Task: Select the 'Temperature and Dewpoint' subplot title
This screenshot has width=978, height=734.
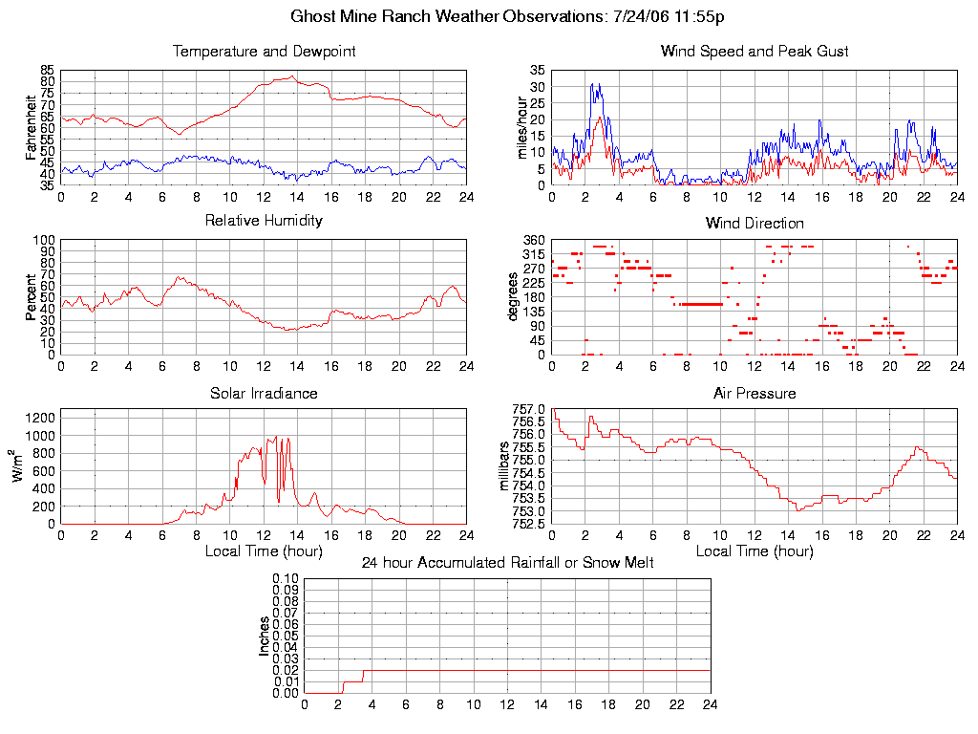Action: tap(264, 52)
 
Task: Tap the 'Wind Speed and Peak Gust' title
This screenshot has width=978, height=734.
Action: tap(755, 52)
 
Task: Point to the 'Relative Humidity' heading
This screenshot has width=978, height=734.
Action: tap(264, 221)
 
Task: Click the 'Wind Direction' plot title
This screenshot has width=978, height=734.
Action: tap(755, 224)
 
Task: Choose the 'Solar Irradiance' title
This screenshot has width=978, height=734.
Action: tap(264, 393)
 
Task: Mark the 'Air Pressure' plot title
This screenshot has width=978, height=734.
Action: tap(755, 393)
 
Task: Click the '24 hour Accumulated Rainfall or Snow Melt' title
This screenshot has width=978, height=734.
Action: tap(507, 563)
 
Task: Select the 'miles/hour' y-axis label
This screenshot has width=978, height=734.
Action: tap(521, 127)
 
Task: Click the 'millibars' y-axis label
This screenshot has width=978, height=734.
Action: tap(507, 466)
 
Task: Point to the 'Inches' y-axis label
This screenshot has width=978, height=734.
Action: tap(265, 636)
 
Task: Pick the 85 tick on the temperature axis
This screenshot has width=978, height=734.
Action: tap(47, 71)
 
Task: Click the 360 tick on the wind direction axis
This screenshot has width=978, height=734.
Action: tap(534, 240)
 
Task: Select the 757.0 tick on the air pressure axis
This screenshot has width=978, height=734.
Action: tap(528, 409)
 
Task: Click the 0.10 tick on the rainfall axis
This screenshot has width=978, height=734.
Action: tap(286, 578)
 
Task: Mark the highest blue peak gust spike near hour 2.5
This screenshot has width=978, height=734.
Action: tap(593, 84)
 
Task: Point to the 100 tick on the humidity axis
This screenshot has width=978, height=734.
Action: tap(44, 240)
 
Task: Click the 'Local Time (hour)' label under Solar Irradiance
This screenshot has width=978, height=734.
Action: tap(264, 550)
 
